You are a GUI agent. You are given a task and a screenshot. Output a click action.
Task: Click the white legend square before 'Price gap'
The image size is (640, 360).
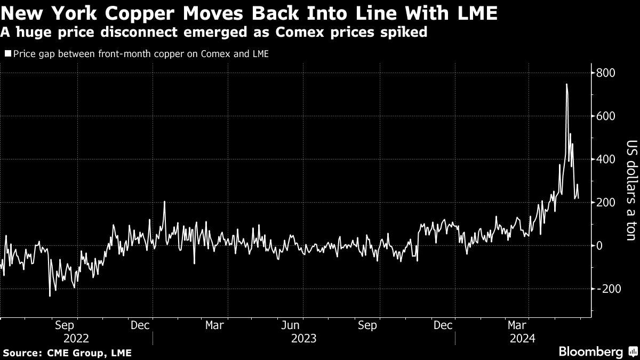coord(7,54)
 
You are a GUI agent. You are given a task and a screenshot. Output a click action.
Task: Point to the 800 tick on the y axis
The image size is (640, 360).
coord(606,73)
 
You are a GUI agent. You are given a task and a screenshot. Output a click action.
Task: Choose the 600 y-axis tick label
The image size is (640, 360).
coord(606,116)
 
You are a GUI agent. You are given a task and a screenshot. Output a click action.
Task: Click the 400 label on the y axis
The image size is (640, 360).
coord(606,159)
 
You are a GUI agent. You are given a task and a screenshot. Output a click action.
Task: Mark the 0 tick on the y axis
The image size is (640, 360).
coord(600,246)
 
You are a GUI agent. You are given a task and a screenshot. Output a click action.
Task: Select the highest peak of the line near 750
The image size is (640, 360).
coord(566,84)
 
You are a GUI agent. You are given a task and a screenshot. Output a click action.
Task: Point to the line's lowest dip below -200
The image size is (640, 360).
coord(50,295)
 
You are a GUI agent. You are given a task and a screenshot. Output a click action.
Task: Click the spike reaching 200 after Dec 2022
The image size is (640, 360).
coord(164,202)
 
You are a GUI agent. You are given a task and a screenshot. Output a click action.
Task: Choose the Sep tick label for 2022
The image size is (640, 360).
coord(65,325)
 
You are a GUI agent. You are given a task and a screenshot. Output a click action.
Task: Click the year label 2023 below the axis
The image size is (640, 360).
coord(303,338)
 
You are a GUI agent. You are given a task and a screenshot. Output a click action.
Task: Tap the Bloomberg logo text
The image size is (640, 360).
coord(590,351)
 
